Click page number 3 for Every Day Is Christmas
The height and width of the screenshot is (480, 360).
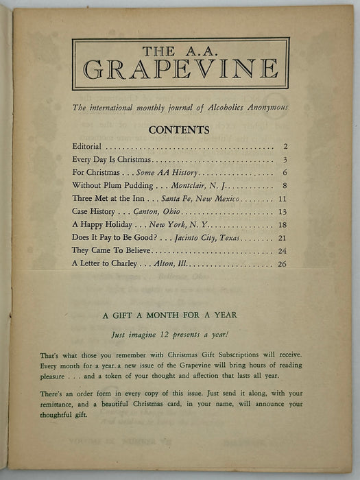(x=283, y=160)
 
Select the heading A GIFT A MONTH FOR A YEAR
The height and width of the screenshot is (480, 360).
(x=179, y=315)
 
